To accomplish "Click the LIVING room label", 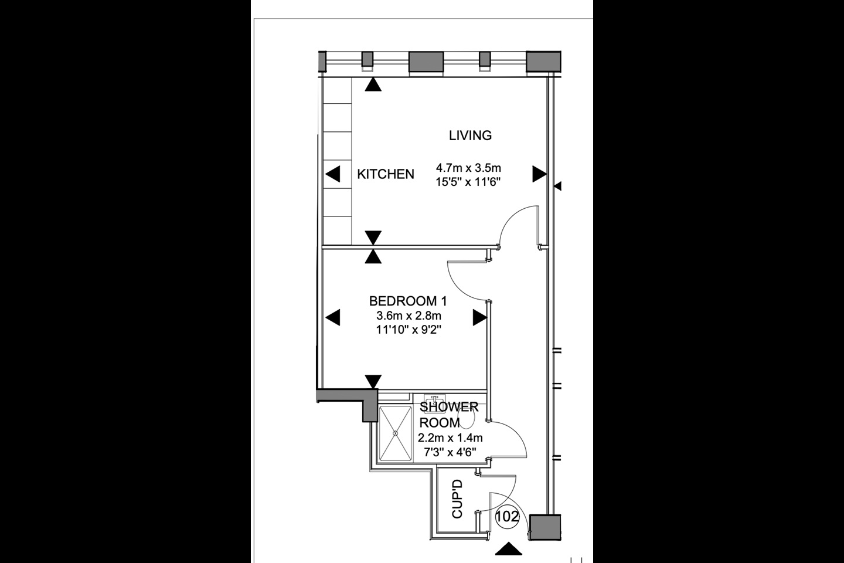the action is point(470,135).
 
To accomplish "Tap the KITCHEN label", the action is point(386,174).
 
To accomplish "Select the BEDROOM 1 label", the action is point(408,301).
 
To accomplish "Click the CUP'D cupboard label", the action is point(457,498).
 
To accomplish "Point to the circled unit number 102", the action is point(507,516).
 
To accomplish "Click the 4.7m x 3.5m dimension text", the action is point(468,167).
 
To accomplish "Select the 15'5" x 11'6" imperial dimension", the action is point(468,182).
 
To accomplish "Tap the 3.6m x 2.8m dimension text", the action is point(409,316).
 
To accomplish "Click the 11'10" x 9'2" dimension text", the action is point(409,330).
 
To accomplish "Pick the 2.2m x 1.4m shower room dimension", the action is point(450,438).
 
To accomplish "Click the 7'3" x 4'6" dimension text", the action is point(450,452).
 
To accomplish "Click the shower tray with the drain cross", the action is point(395,433).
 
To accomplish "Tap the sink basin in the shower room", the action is point(435,400).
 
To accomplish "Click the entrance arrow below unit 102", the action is point(509,549).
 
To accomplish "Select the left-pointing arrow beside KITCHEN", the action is point(333,174).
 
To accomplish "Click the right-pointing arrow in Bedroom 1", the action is point(480,317).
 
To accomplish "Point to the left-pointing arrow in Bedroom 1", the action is point(333,317).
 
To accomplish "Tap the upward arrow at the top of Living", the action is point(373,84).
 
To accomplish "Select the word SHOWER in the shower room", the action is point(449,407).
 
